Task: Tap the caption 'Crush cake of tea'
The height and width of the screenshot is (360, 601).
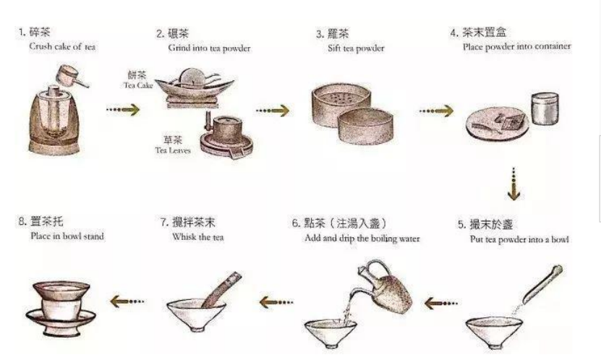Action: (62, 47)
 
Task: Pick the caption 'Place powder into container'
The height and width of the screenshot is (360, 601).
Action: (516, 46)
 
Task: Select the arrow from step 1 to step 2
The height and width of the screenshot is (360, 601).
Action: (123, 110)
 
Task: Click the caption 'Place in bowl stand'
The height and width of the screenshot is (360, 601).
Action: (67, 236)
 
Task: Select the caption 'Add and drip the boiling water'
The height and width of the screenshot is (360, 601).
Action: (362, 238)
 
